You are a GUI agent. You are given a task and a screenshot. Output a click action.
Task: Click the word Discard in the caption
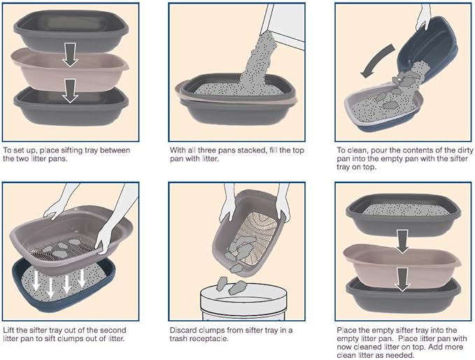[185, 330]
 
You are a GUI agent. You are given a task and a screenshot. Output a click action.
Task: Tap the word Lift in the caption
[10, 330]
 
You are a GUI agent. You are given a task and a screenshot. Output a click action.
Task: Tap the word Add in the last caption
[430, 347]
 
